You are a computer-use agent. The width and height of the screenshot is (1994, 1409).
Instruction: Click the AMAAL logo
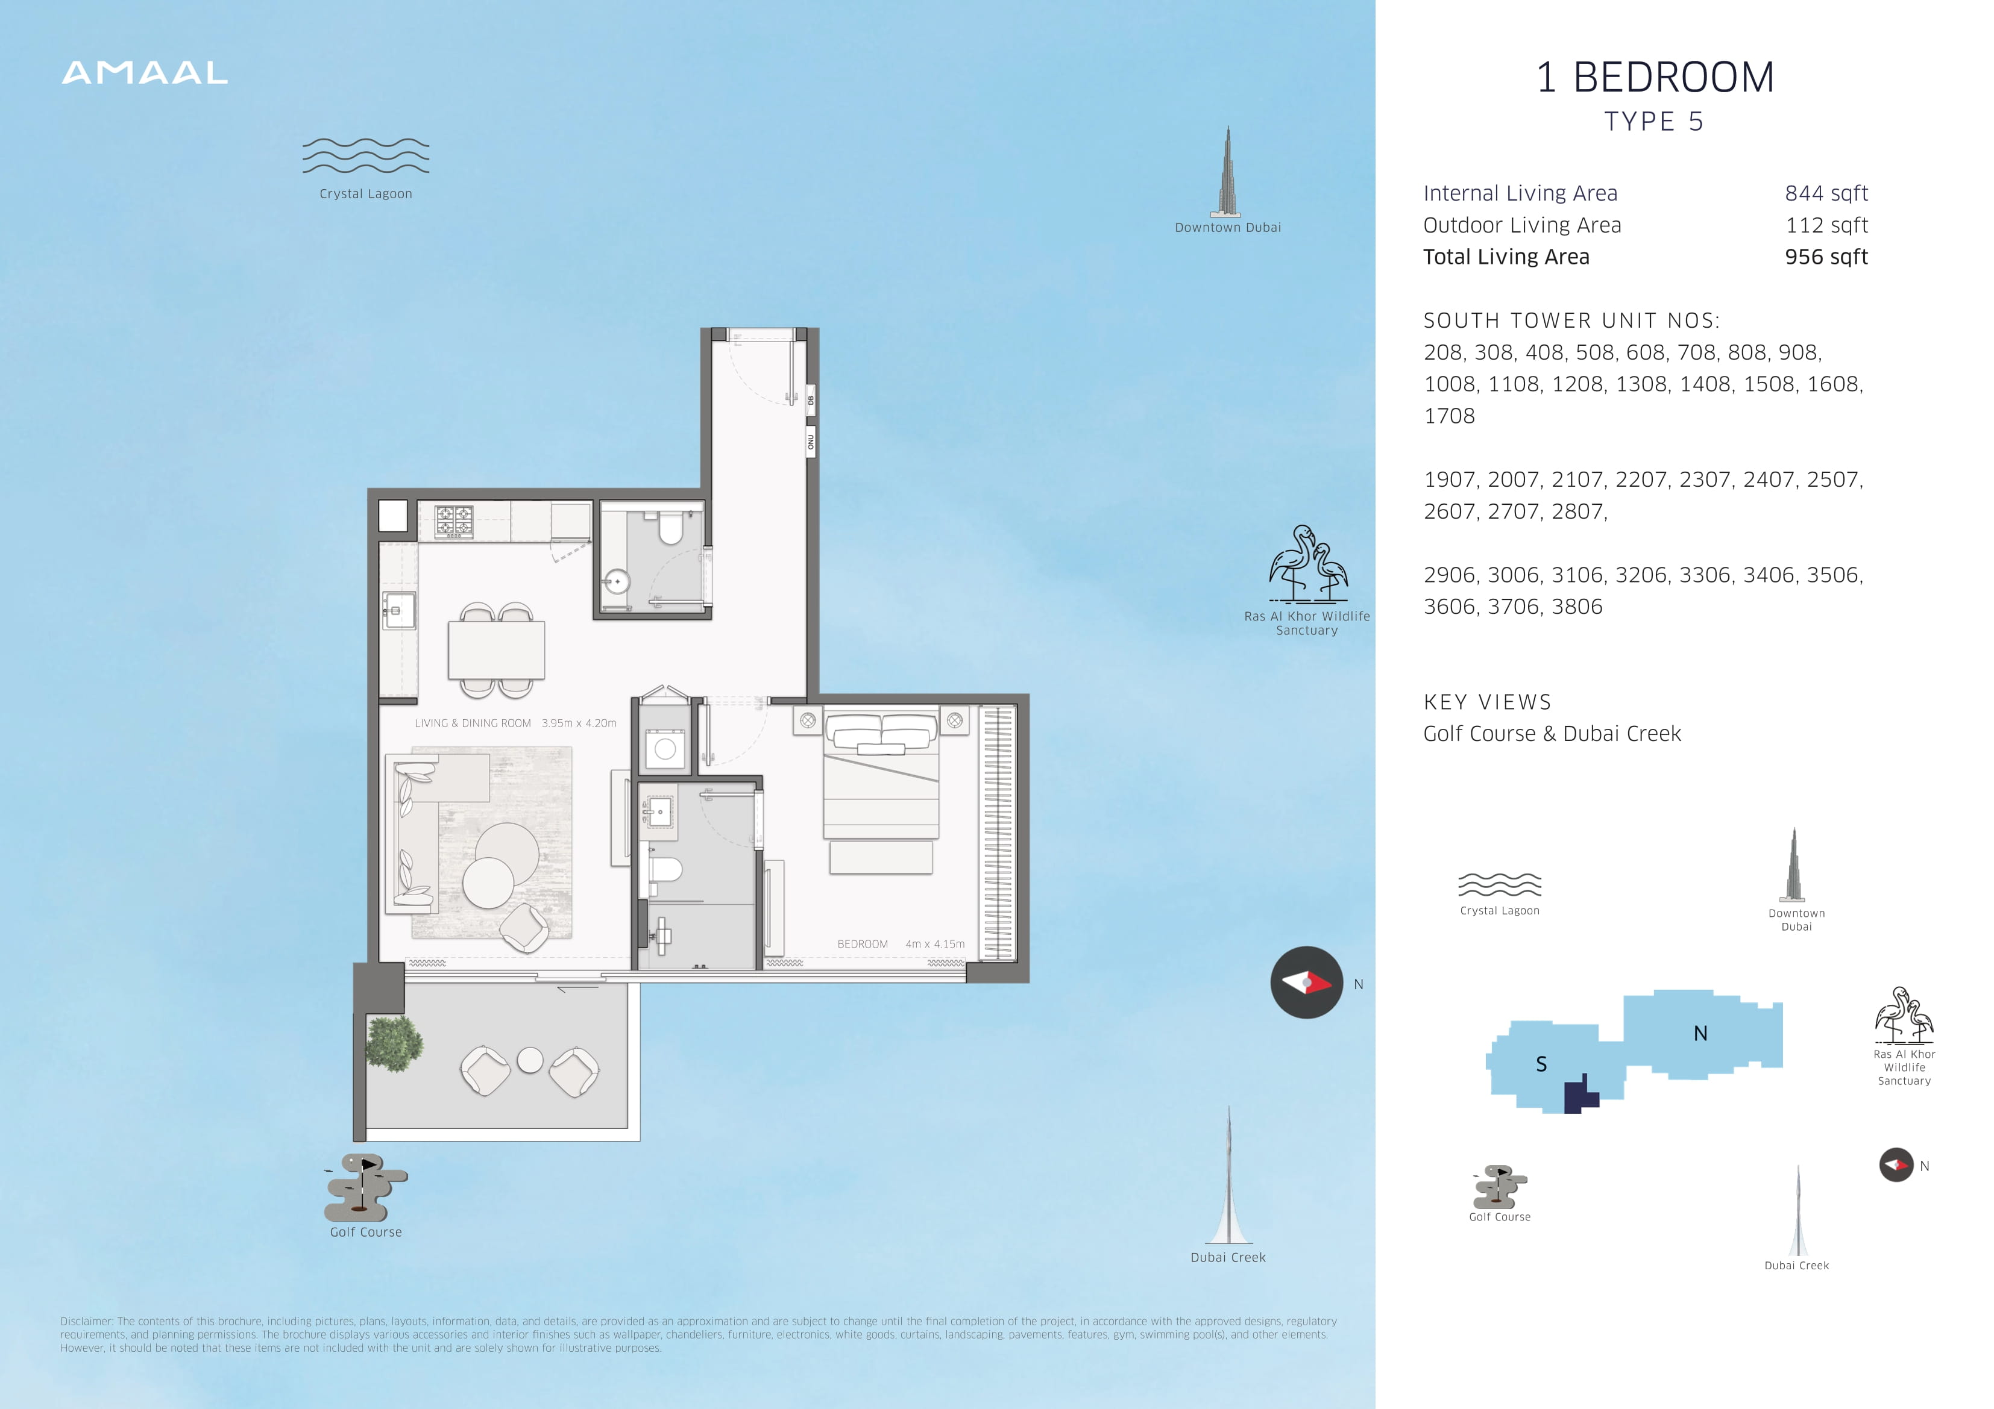[x=145, y=73]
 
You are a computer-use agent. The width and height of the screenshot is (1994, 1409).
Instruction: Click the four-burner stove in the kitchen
[x=453, y=522]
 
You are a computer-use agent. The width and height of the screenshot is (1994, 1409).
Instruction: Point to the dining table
[x=497, y=649]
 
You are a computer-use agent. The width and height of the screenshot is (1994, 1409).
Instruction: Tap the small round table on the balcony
[x=530, y=1060]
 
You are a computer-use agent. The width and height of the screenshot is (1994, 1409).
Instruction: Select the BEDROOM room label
[x=863, y=944]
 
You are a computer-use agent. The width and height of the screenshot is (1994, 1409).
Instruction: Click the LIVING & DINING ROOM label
[x=473, y=723]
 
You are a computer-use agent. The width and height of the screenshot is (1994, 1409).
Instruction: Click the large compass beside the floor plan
[x=1306, y=982]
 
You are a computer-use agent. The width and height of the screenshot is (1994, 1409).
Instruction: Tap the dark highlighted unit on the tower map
[x=1580, y=1096]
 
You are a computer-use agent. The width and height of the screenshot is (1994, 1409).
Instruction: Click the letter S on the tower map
[x=1541, y=1064]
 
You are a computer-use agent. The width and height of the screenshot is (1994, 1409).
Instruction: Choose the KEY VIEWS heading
[x=1488, y=702]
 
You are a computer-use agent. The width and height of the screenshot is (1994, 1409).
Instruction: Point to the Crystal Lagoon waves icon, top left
[x=366, y=155]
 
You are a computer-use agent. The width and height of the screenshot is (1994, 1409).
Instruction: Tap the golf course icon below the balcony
[x=366, y=1187]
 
